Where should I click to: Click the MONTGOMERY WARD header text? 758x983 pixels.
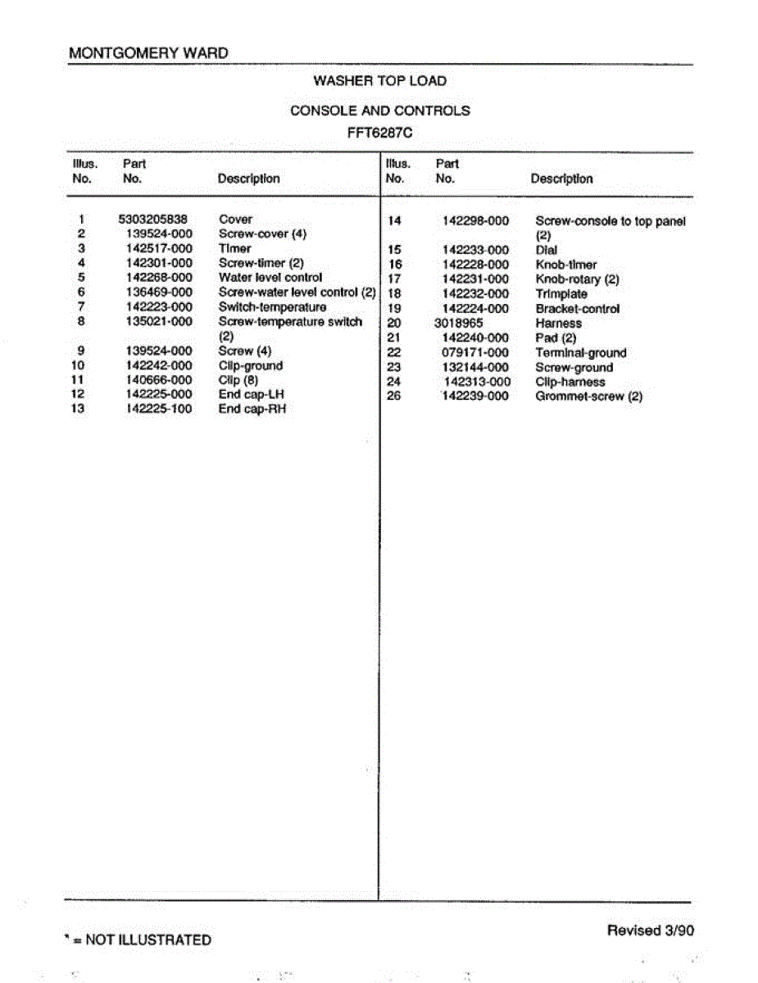pyautogui.click(x=148, y=53)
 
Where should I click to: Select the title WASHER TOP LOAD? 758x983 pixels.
pyautogui.click(x=379, y=80)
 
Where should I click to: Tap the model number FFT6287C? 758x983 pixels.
pyautogui.click(x=379, y=130)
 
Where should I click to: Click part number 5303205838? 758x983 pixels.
pyautogui.click(x=153, y=219)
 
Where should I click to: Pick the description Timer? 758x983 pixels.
pyautogui.click(x=234, y=248)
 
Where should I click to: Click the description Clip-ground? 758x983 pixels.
pyautogui.click(x=250, y=365)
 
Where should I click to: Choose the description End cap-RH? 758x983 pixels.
pyautogui.click(x=252, y=409)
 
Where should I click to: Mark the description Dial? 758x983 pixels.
pyautogui.click(x=546, y=250)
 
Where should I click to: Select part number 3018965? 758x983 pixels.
pyautogui.click(x=459, y=324)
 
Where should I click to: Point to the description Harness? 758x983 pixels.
pyautogui.click(x=558, y=324)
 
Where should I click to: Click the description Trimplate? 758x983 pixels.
pyautogui.click(x=561, y=294)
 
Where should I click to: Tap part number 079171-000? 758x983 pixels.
pyautogui.click(x=475, y=353)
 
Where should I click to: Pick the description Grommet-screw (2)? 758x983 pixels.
pyautogui.click(x=588, y=396)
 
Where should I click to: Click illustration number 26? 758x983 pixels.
pyautogui.click(x=393, y=396)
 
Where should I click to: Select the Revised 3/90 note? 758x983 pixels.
pyautogui.click(x=651, y=930)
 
